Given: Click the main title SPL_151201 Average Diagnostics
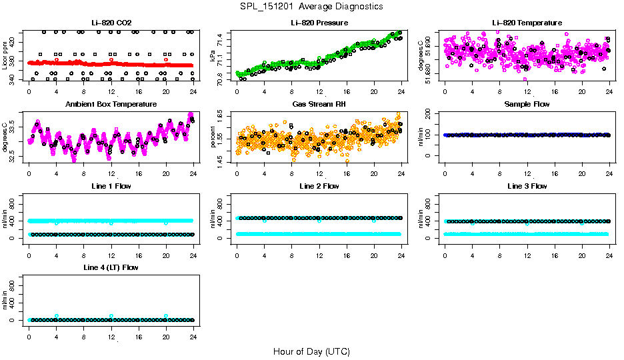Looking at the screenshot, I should [x=311, y=6].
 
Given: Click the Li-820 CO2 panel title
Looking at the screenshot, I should [x=111, y=23].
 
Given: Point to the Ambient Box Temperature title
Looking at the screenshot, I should [x=111, y=104].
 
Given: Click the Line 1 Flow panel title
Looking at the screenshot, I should [x=111, y=186].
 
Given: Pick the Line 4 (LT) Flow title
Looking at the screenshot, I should [x=111, y=267].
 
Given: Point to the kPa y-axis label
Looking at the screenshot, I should [x=213, y=56].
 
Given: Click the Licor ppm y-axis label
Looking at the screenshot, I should [x=5, y=56].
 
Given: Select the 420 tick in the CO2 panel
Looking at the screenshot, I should [x=17, y=42].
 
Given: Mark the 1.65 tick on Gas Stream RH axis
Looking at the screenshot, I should [x=225, y=116].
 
